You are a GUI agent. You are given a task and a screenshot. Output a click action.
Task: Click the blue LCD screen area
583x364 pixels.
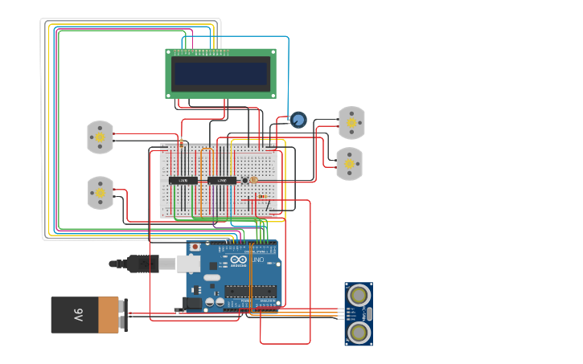click(x=220, y=74)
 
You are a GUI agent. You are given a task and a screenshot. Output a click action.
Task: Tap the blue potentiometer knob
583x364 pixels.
click(x=298, y=120)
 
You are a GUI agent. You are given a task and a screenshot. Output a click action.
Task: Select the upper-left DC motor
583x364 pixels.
click(x=100, y=137)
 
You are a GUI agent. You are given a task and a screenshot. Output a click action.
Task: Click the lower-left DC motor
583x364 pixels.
click(x=101, y=193)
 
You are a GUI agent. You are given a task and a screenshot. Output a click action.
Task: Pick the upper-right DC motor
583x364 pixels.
click(x=351, y=123)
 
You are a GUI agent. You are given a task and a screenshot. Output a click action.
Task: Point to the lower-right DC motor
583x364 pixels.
click(x=349, y=164)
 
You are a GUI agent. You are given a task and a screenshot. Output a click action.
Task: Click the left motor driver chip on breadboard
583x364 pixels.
click(x=183, y=181)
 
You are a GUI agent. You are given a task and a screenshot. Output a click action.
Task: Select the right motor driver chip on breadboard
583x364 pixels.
click(x=222, y=181)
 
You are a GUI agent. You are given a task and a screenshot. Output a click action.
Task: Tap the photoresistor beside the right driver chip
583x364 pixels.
click(x=244, y=181)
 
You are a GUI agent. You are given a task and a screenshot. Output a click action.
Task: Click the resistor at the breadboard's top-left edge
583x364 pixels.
click(x=181, y=144)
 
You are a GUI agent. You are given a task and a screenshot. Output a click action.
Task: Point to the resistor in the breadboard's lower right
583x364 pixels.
click(x=261, y=196)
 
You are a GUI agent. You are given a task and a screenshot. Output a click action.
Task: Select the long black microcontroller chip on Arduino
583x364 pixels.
click(x=250, y=290)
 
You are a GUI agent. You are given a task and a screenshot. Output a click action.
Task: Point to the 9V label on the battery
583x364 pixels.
click(x=79, y=314)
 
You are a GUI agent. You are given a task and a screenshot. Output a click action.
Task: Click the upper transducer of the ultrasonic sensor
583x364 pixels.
click(x=359, y=295)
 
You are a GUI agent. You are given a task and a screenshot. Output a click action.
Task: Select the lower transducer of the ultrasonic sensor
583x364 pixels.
click(x=359, y=331)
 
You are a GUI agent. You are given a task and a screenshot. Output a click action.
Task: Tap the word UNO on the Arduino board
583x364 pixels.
click(x=258, y=260)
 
